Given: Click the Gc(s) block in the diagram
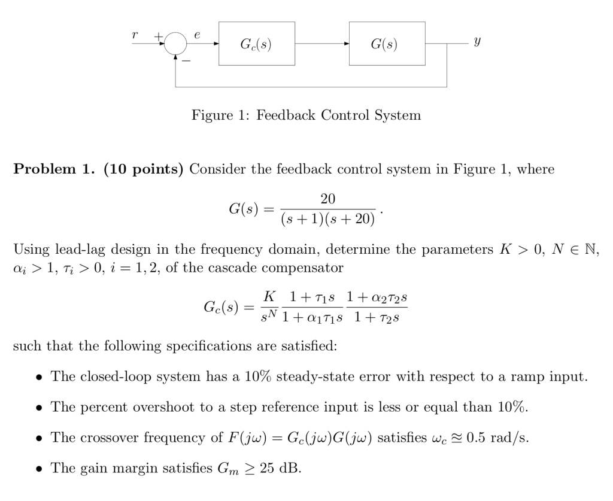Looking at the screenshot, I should pyautogui.click(x=256, y=44).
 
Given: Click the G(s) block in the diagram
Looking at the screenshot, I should pyautogui.click(x=387, y=44).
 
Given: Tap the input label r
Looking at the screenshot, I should pyautogui.click(x=135, y=35).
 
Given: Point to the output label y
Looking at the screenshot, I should pyautogui.click(x=477, y=42).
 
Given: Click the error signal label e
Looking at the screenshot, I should pyautogui.click(x=198, y=35).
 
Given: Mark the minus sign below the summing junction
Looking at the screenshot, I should pyautogui.click(x=185, y=63).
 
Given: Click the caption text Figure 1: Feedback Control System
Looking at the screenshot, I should pyautogui.click(x=306, y=115).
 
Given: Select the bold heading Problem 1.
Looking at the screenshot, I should pyautogui.click(x=54, y=169).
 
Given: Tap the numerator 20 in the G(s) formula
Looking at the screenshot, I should pyautogui.click(x=328, y=199).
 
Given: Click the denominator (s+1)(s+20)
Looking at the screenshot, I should pyautogui.click(x=328, y=220).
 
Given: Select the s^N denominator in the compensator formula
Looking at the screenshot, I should pyautogui.click(x=269, y=317).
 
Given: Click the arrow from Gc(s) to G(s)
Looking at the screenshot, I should pyautogui.click(x=322, y=44).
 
